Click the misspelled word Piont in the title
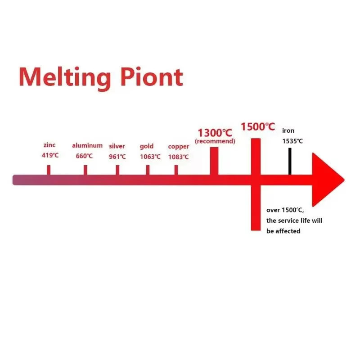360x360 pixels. click(151, 77)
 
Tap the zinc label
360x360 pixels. click(49, 145)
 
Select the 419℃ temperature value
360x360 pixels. click(50, 156)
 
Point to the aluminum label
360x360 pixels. click(87, 145)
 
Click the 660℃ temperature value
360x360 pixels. click(84, 156)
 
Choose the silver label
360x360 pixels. click(117, 146)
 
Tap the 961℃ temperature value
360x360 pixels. click(117, 157)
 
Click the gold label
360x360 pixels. click(147, 146)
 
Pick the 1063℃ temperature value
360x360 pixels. click(150, 157)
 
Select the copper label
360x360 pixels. click(179, 146)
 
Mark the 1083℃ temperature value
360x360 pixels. click(179, 157)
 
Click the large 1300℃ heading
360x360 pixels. click(215, 133)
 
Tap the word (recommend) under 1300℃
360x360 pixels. click(215, 141)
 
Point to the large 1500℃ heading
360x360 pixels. click(257, 126)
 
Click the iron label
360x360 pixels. click(288, 130)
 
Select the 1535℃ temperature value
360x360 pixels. click(292, 141)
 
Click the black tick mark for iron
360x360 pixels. click(290, 161)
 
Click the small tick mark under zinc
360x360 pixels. click(49, 170)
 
